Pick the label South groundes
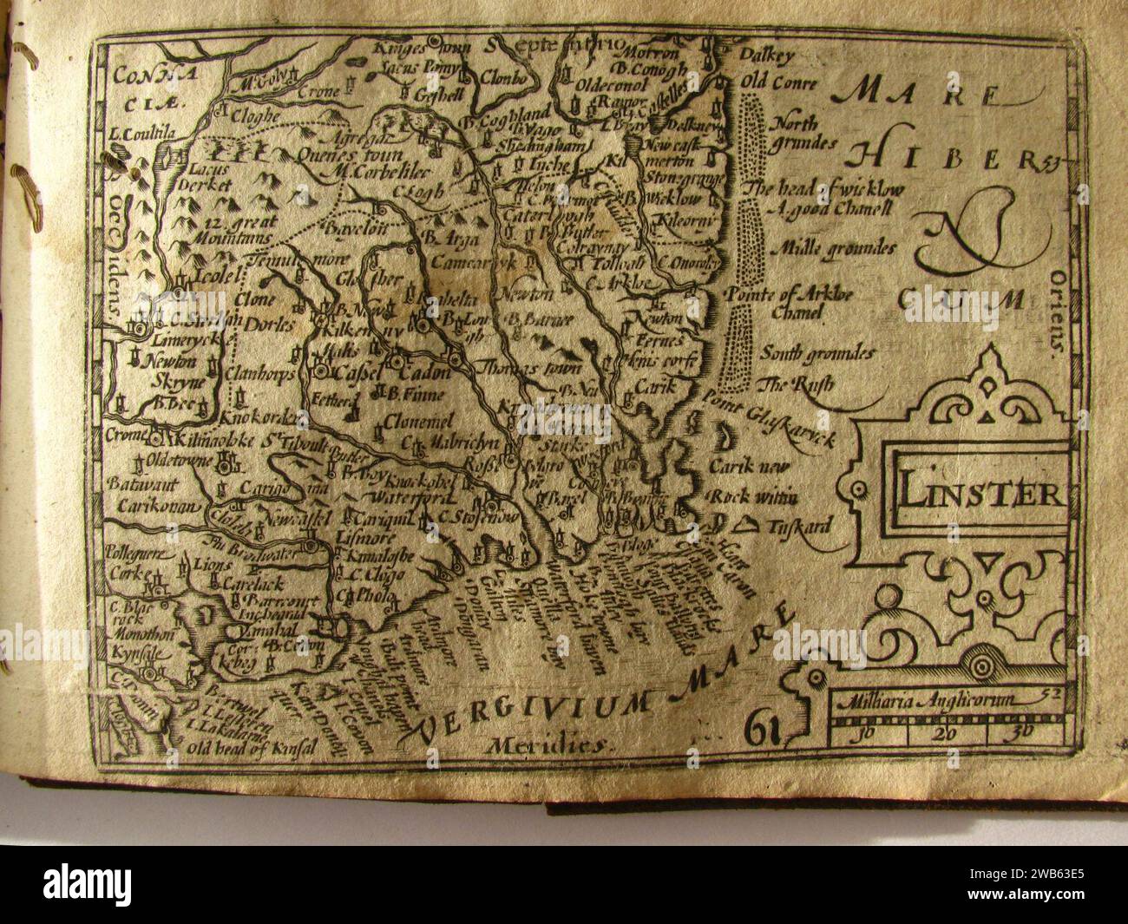(816, 352)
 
